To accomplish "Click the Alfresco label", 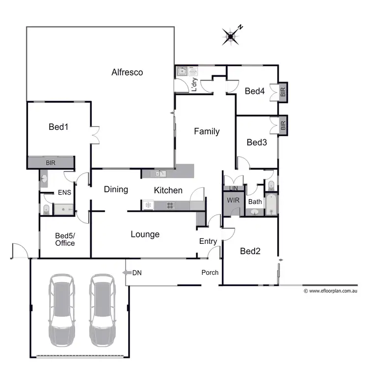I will [127, 72].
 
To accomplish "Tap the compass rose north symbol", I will [231, 35].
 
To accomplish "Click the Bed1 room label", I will [58, 127].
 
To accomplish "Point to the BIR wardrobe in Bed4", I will [283, 92].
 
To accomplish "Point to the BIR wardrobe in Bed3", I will [283, 125].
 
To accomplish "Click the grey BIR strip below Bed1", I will [51, 162].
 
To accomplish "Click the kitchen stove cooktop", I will [171, 205].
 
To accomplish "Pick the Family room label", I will [207, 131].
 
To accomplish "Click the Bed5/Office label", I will [65, 239].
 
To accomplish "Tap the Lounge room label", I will [145, 234].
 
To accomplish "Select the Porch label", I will [210, 272].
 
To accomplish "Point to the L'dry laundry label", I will [194, 85].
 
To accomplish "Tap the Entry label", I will [208, 241].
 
